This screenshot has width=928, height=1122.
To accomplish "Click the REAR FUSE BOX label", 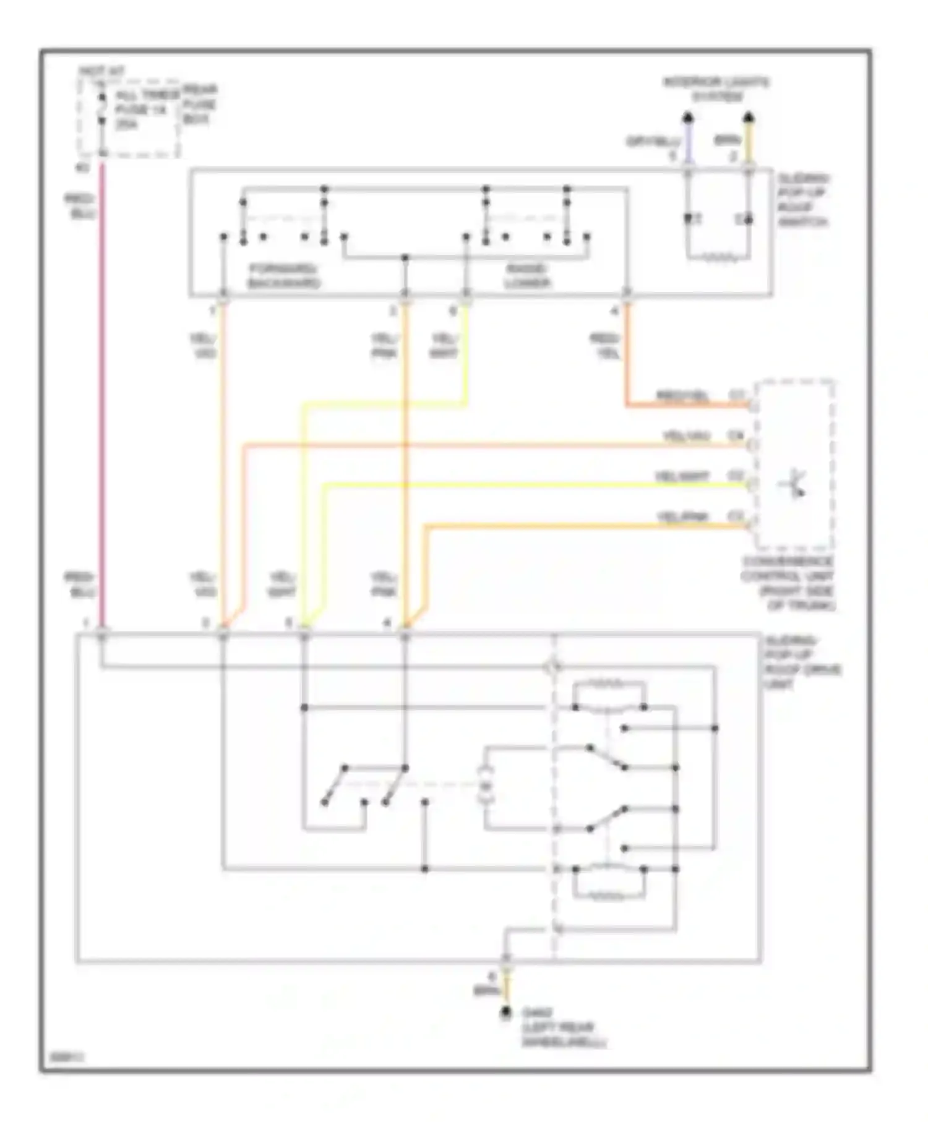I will [199, 105].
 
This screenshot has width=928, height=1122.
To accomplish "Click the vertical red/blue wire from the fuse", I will [103, 396].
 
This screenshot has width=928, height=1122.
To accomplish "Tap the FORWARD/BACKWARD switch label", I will [284, 276].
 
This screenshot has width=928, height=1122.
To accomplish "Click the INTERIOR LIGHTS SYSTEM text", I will [716, 89].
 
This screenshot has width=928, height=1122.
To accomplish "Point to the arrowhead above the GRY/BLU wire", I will [687, 117].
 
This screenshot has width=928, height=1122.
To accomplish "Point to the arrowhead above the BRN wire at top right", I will [748, 117].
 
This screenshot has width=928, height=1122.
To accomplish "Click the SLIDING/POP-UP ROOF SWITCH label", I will [803, 200].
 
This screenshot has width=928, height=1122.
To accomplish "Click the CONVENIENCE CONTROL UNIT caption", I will [788, 583].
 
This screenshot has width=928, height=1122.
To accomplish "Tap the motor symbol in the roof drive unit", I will [486, 786].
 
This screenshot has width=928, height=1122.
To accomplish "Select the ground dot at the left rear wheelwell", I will [506, 1012].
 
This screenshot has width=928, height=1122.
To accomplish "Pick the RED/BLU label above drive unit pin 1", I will [80, 585].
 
